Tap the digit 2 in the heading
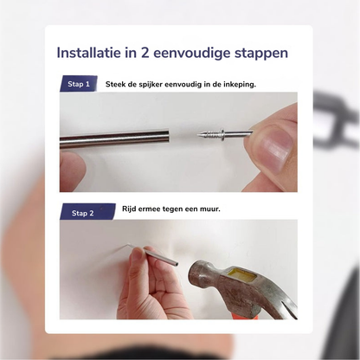[x=145, y=53]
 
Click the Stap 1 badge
[x=79, y=84]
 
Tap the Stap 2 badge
[x=87, y=213]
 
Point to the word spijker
[x=147, y=85]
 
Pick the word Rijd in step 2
[x=129, y=209]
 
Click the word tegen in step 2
[x=172, y=209]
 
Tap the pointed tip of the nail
[x=198, y=134]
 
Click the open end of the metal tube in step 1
[x=168, y=138]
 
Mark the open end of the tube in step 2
[x=176, y=264]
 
